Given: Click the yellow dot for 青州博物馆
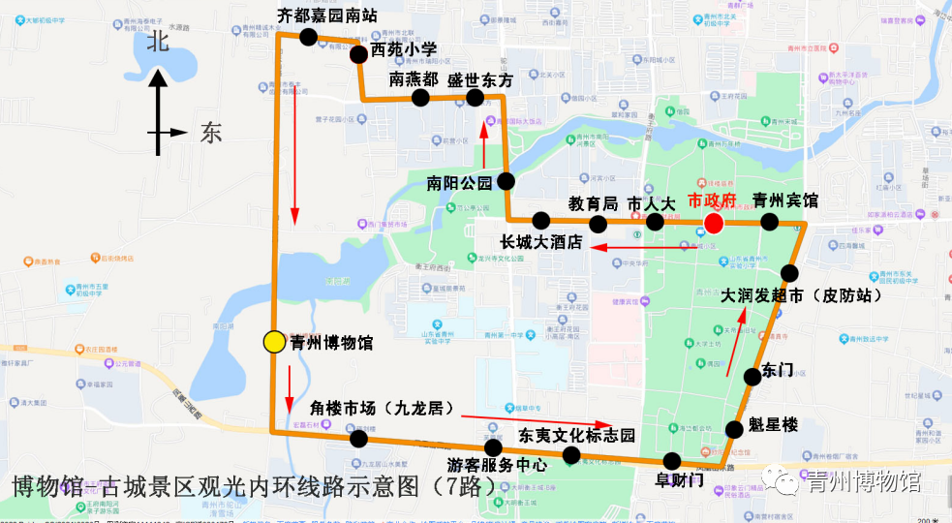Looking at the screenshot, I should click(x=274, y=341).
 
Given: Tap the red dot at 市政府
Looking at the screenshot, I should click(x=713, y=224).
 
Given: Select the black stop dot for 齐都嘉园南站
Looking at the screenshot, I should click(x=308, y=38).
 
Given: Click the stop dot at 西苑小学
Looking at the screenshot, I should click(x=358, y=54).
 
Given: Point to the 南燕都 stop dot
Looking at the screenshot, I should click(x=420, y=98).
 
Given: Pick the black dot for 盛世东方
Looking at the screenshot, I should click(x=475, y=98).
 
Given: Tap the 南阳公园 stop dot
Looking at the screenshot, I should click(x=507, y=181).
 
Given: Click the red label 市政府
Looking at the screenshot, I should click(x=712, y=201).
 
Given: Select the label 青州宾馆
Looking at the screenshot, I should click(x=784, y=201).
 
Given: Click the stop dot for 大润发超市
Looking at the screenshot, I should click(x=789, y=273).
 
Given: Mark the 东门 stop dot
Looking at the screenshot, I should click(x=752, y=377).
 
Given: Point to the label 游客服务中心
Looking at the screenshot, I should click(x=497, y=465).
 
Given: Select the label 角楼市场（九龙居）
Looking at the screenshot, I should click(x=381, y=409).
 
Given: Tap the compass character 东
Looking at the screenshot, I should click(x=211, y=133).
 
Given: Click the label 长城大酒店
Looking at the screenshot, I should click(x=540, y=243).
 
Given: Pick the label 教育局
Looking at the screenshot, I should click(x=593, y=203).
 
